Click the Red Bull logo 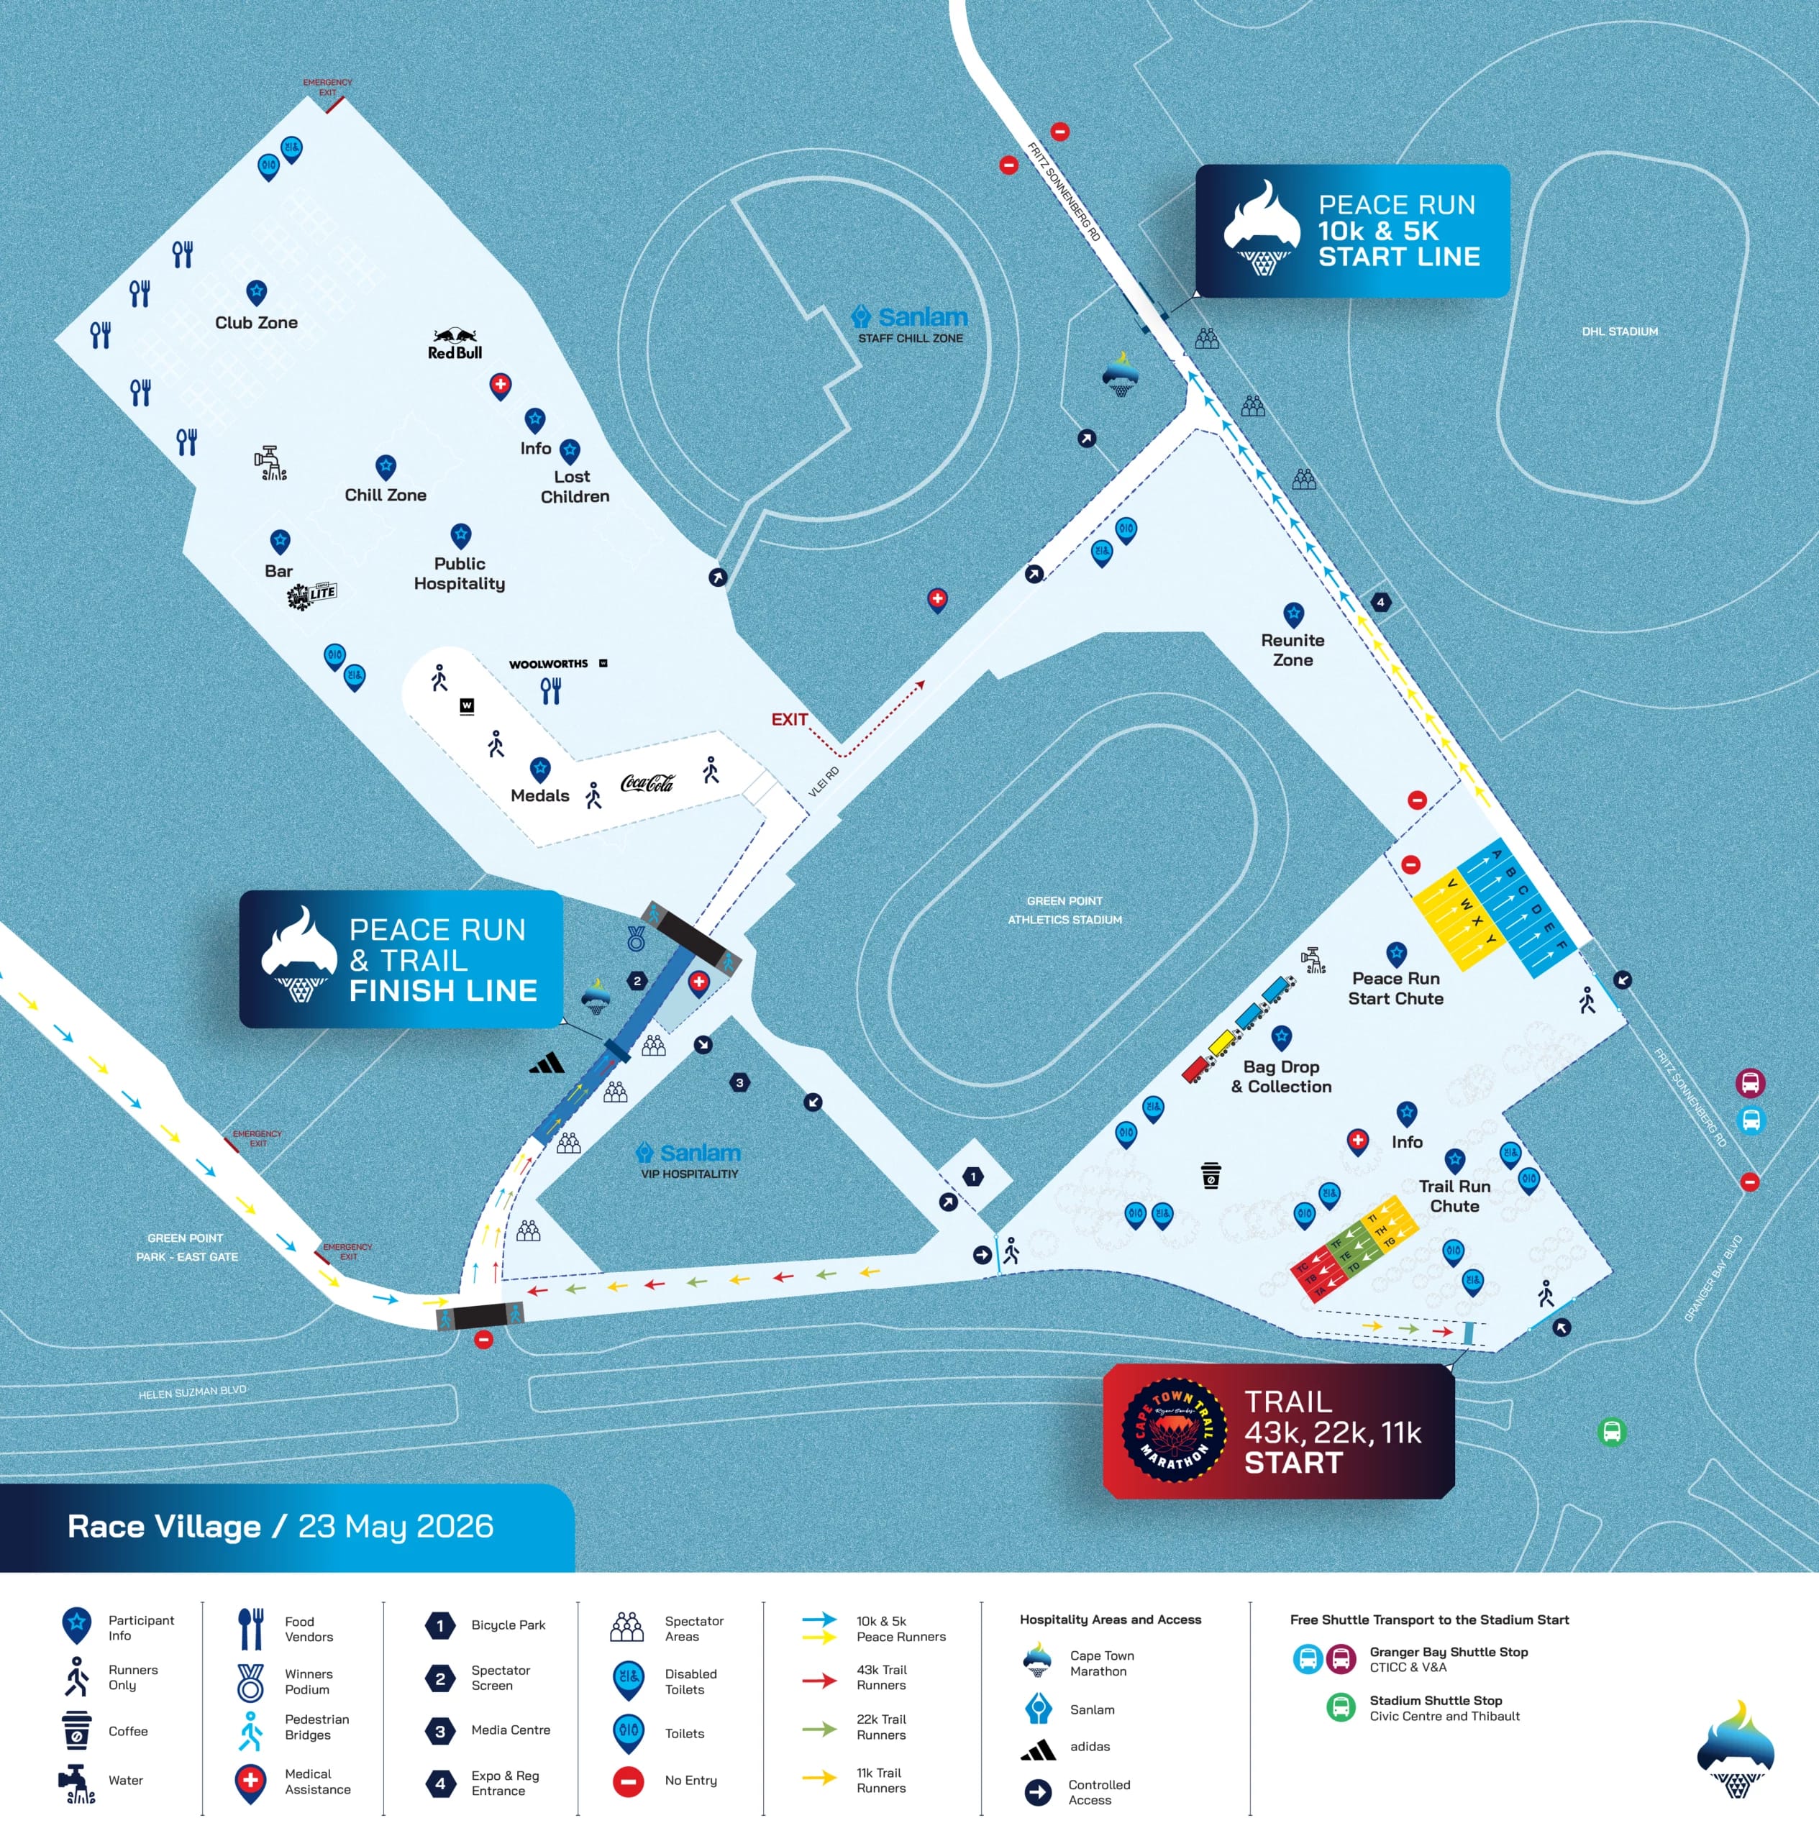455,344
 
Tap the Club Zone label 256,322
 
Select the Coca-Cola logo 647,783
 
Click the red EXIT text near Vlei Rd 789,719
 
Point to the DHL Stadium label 1619,332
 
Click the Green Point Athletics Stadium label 1064,910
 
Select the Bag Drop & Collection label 1281,1077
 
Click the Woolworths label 548,664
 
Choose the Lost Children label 574,486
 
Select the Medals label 539,795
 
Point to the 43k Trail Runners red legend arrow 819,1680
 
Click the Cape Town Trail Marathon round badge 1174,1430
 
